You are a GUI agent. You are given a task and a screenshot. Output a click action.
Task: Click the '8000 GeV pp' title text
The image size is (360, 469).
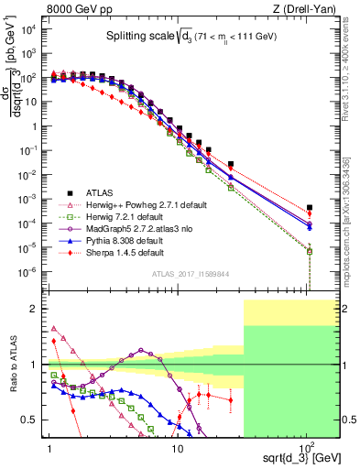click(76, 8)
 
